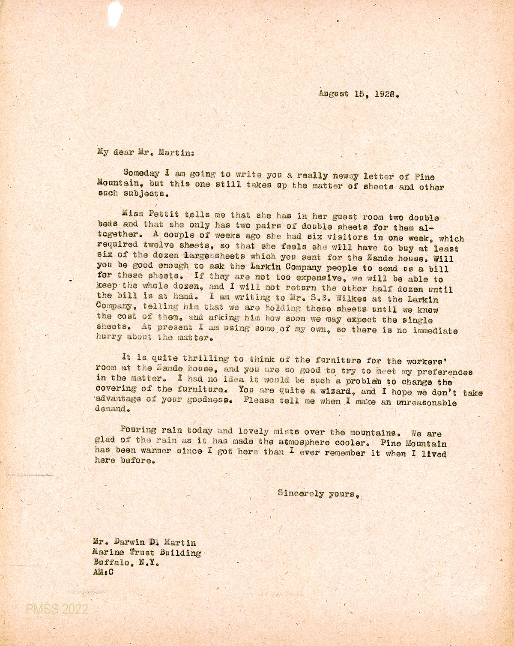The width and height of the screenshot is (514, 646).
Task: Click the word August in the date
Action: [333, 94]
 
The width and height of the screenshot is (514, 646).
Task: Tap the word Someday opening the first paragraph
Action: [141, 173]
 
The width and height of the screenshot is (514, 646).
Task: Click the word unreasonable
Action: [426, 403]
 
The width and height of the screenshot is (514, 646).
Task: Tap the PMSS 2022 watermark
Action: [57, 609]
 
